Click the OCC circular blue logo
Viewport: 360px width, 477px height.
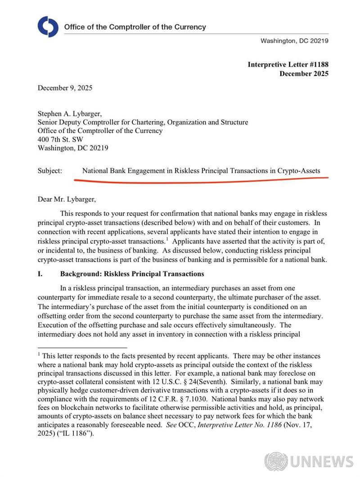48,27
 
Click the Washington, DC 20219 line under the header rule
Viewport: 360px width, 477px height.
294,41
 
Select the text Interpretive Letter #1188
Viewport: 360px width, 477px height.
288,64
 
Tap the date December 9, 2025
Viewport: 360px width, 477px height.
65,88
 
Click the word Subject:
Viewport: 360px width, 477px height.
50,171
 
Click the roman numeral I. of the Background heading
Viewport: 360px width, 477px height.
40,274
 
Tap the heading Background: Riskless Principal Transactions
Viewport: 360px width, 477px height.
132,274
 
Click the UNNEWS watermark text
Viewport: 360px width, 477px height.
322,462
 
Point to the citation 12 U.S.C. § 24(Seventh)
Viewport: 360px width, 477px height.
197,382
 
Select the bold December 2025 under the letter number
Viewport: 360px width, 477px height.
304,73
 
